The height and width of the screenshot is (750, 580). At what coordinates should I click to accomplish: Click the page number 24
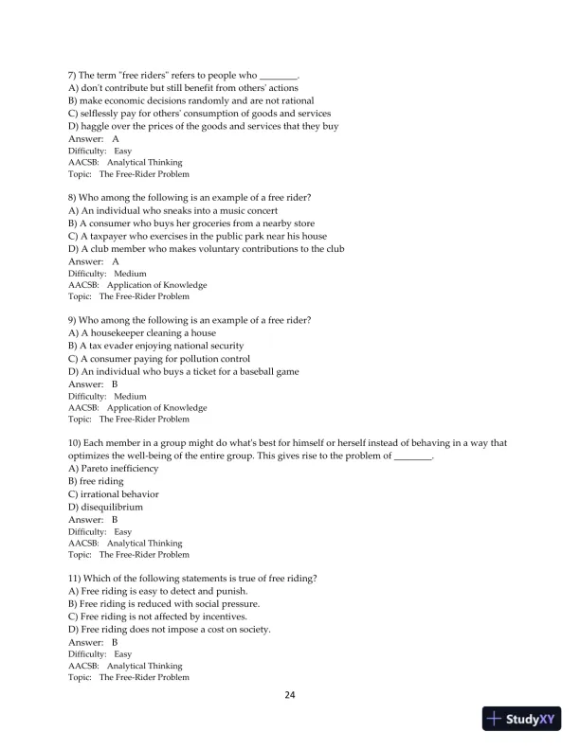click(x=290, y=695)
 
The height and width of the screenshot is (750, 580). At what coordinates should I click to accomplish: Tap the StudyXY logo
click(x=518, y=719)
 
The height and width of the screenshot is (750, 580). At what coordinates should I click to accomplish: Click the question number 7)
click(x=74, y=75)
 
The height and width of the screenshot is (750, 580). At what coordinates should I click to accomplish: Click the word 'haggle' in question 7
click(x=99, y=126)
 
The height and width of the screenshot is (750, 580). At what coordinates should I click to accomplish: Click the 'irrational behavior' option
click(x=114, y=494)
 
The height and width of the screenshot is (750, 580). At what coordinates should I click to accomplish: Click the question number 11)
click(x=77, y=579)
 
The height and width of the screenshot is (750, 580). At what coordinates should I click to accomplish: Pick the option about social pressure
click(x=164, y=604)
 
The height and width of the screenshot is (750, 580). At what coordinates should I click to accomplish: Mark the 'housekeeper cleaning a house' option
click(x=142, y=333)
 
